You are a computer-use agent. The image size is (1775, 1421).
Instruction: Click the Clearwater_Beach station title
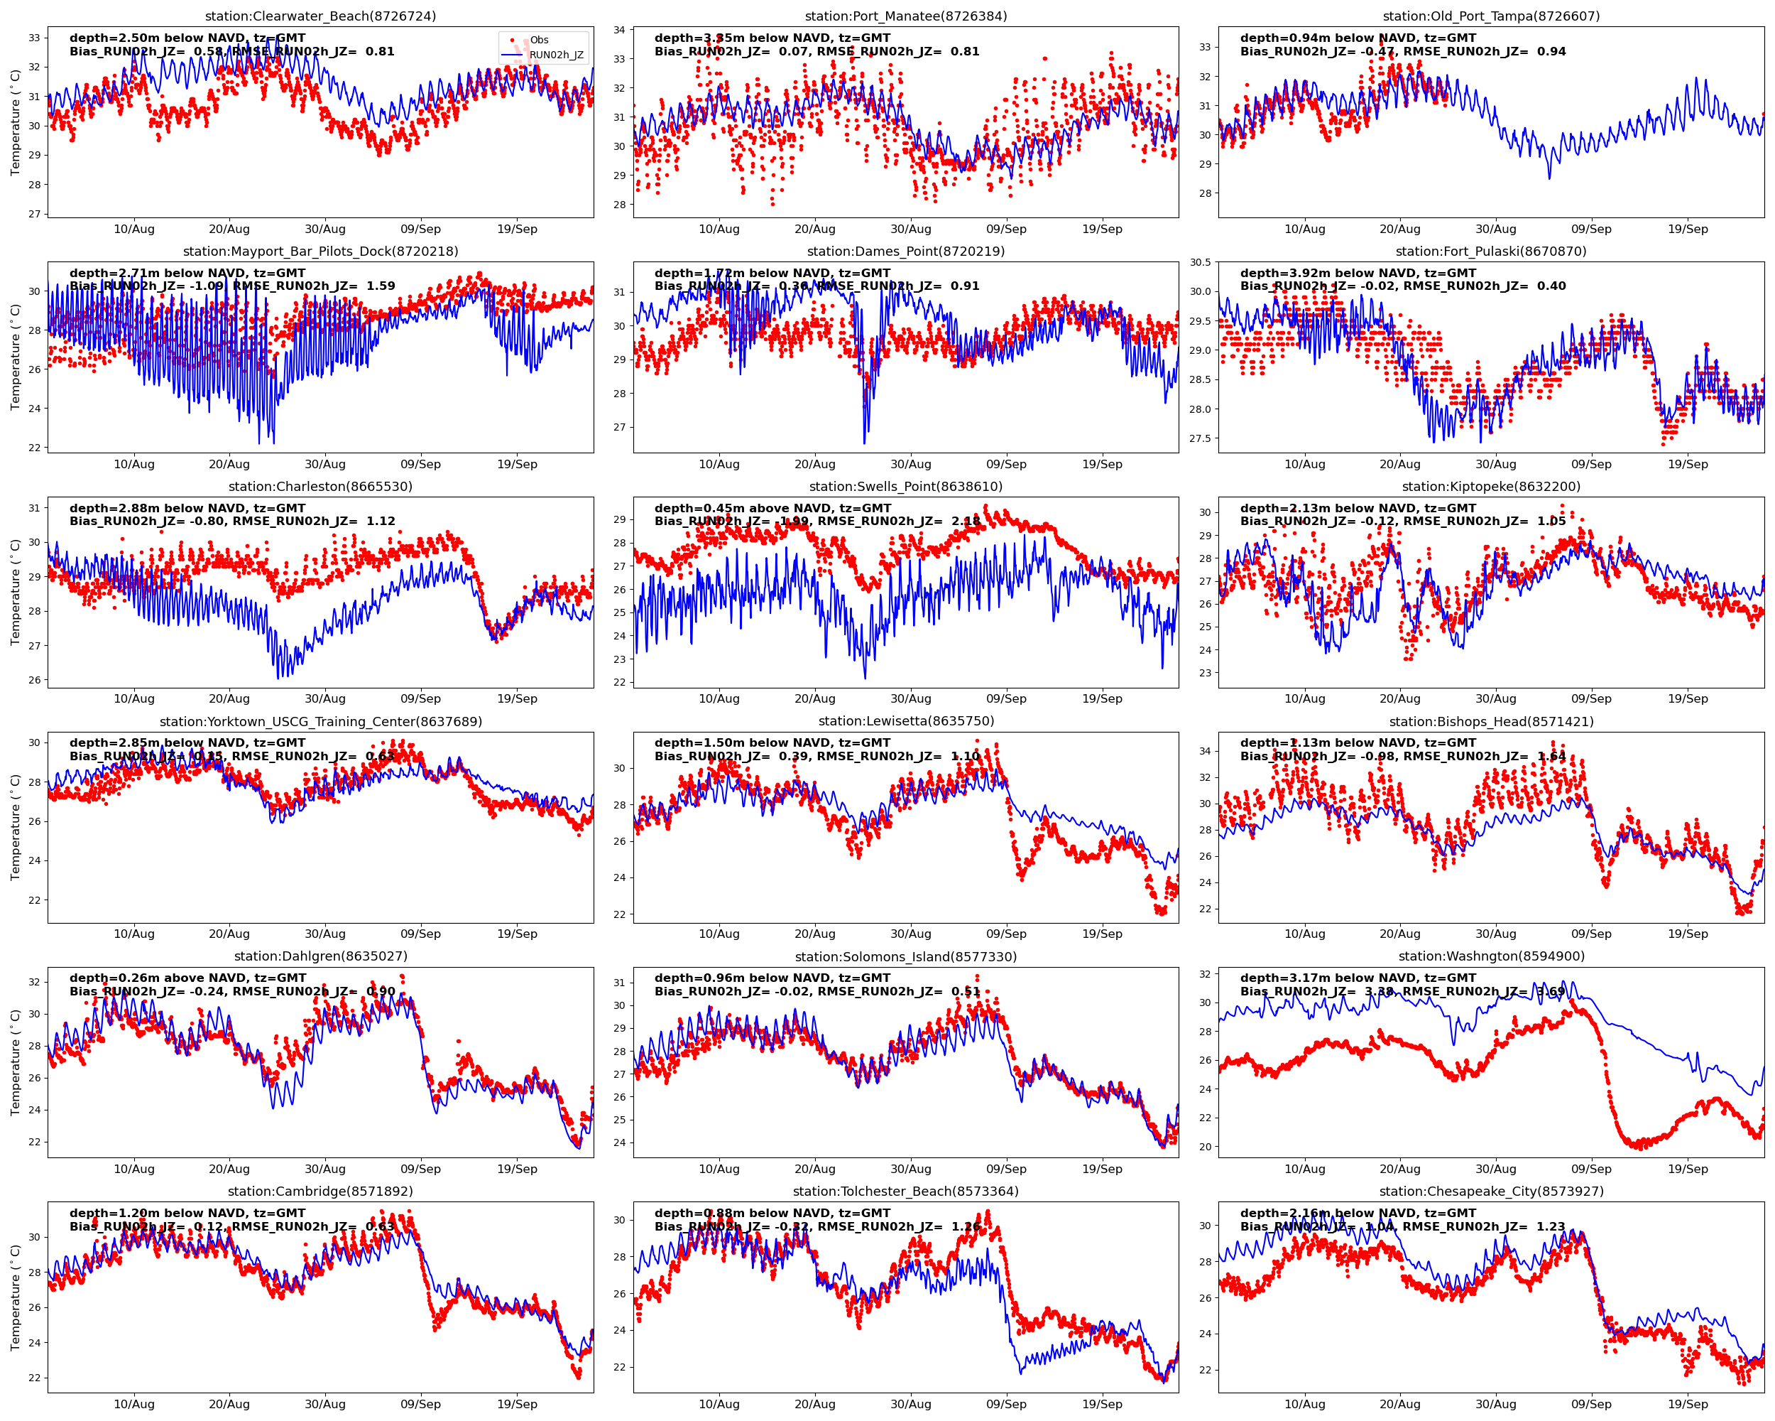tap(320, 16)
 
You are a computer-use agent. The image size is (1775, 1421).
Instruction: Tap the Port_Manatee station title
tap(906, 16)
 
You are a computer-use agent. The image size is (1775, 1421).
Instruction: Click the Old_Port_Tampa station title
tap(1491, 16)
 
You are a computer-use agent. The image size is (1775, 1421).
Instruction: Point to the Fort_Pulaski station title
tap(1491, 252)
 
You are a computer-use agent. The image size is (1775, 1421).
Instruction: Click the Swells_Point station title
tap(906, 487)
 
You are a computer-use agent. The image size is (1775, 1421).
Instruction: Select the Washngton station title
tap(1491, 956)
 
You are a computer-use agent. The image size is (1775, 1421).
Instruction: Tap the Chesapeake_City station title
tap(1491, 1192)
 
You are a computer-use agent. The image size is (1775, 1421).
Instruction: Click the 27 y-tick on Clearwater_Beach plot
tap(35, 214)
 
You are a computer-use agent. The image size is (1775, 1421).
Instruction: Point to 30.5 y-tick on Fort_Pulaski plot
tap(1201, 263)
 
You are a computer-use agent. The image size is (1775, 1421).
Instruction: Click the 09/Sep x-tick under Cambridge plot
tap(421, 1405)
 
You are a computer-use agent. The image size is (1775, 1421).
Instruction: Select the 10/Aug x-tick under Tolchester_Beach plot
tap(719, 1405)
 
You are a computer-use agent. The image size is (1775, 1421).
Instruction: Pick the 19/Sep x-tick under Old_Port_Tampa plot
tap(1688, 229)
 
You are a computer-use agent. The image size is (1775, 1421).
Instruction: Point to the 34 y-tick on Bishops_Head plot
tap(1206, 751)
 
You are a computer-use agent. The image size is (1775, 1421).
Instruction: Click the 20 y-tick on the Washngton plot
tap(1206, 1147)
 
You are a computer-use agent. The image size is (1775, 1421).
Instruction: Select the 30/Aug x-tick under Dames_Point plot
tap(910, 465)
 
